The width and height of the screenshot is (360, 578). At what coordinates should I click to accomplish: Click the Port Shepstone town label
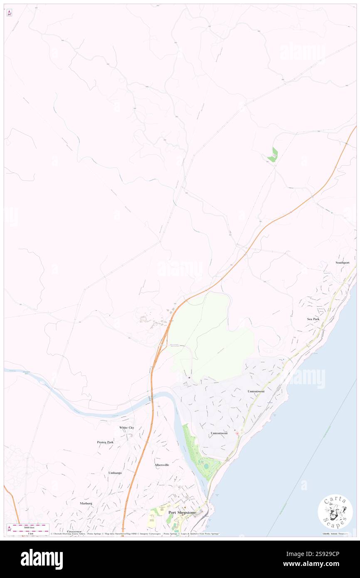pyautogui.click(x=182, y=513)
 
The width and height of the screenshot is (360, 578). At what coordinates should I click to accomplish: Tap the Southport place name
pyautogui.click(x=343, y=263)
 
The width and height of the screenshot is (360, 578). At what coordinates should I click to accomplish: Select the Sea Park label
pyautogui.click(x=313, y=319)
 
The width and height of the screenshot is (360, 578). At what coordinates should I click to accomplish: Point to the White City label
pyautogui.click(x=127, y=427)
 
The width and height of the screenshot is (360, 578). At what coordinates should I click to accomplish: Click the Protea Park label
pyautogui.click(x=105, y=442)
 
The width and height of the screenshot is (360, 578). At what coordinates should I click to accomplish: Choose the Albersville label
pyautogui.click(x=162, y=464)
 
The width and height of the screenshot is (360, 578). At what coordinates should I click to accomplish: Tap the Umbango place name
pyautogui.click(x=115, y=473)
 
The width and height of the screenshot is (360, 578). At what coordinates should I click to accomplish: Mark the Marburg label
pyautogui.click(x=86, y=503)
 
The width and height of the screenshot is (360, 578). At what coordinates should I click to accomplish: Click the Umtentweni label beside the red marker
pyautogui.click(x=219, y=433)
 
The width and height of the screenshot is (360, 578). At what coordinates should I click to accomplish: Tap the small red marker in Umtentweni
pyautogui.click(x=237, y=433)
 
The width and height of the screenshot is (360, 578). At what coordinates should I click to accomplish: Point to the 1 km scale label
pyautogui.click(x=28, y=533)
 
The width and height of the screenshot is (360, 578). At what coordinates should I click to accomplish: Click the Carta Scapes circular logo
pyautogui.click(x=335, y=511)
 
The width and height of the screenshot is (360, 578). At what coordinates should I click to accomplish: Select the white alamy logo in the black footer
pyautogui.click(x=42, y=559)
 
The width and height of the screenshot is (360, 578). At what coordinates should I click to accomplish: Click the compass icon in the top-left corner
pyautogui.click(x=9, y=13)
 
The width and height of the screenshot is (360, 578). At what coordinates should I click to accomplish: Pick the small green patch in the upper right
pyautogui.click(x=273, y=155)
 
